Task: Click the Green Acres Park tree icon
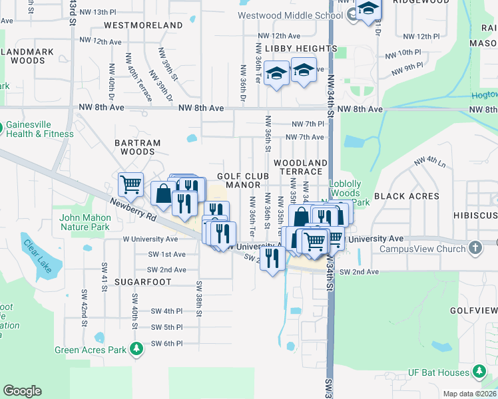[136, 349]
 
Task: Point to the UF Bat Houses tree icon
[479, 370]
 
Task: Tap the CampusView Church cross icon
[474, 248]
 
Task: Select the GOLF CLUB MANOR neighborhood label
[243, 180]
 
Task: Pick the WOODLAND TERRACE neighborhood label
[300, 167]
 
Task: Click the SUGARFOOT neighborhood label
[143, 282]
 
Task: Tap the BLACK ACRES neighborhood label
[406, 196]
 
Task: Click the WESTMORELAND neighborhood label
[143, 25]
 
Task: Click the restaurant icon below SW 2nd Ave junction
[272, 257]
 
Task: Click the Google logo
[22, 391]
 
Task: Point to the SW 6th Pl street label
[166, 343]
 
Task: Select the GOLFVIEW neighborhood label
[474, 311]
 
